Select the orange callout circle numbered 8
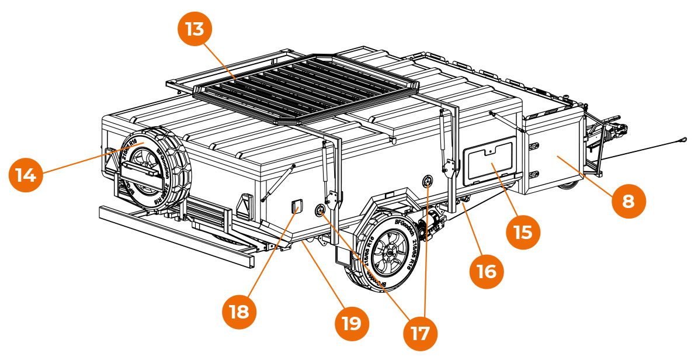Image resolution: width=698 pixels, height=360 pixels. pos(628,202)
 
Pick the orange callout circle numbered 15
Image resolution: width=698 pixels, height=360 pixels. pos(523,232)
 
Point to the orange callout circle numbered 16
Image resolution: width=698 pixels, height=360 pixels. pos(486,271)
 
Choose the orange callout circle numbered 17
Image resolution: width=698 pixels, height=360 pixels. pos(420,333)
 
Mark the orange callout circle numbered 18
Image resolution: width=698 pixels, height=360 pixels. pos(239,311)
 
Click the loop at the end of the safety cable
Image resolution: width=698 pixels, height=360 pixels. pos(682,139)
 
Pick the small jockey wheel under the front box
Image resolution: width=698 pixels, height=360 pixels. pos(567,185)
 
